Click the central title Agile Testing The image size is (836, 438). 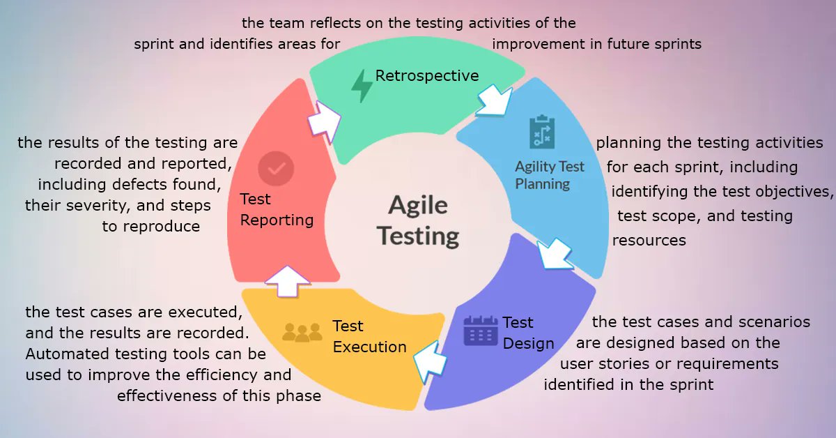[x=418, y=220]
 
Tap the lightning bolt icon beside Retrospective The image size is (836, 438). [x=362, y=86]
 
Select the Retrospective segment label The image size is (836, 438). [x=427, y=75]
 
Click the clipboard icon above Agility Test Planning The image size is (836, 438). [x=541, y=132]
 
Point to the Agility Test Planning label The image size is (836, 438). [x=549, y=175]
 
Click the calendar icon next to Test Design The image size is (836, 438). [x=481, y=331]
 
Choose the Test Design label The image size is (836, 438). [x=528, y=333]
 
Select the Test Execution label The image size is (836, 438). [x=369, y=336]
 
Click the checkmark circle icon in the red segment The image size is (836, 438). [x=276, y=169]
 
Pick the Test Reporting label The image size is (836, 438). [x=277, y=210]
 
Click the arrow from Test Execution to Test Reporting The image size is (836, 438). [x=287, y=280]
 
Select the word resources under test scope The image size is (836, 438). [x=649, y=241]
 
